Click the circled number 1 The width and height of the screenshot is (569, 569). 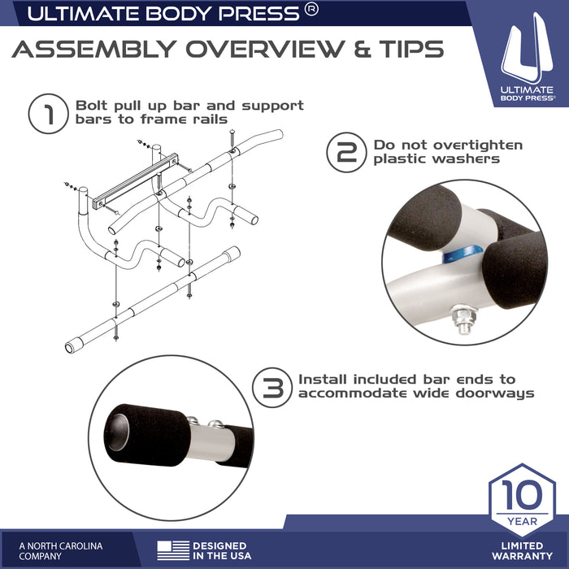(47, 115)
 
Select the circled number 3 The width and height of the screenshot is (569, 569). (273, 388)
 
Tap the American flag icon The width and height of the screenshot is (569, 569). (172, 549)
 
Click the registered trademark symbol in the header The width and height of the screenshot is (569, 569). (311, 11)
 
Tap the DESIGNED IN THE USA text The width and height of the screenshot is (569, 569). (219, 550)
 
